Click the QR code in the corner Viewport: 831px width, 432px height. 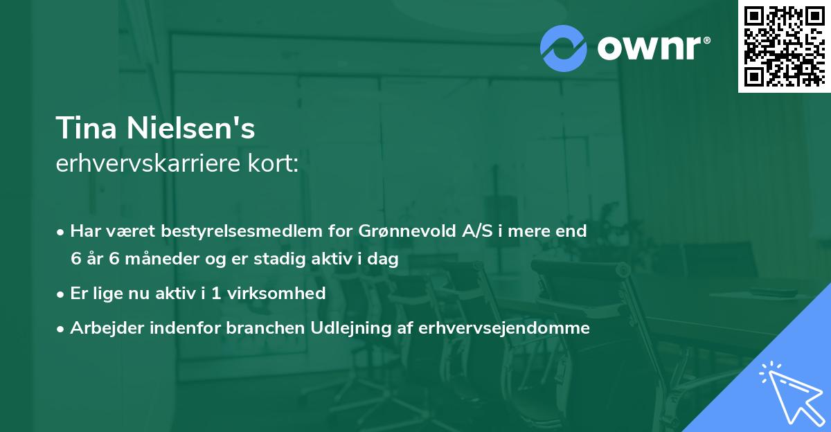784,46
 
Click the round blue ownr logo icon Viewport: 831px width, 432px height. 564,48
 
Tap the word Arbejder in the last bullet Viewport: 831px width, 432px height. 102,328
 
